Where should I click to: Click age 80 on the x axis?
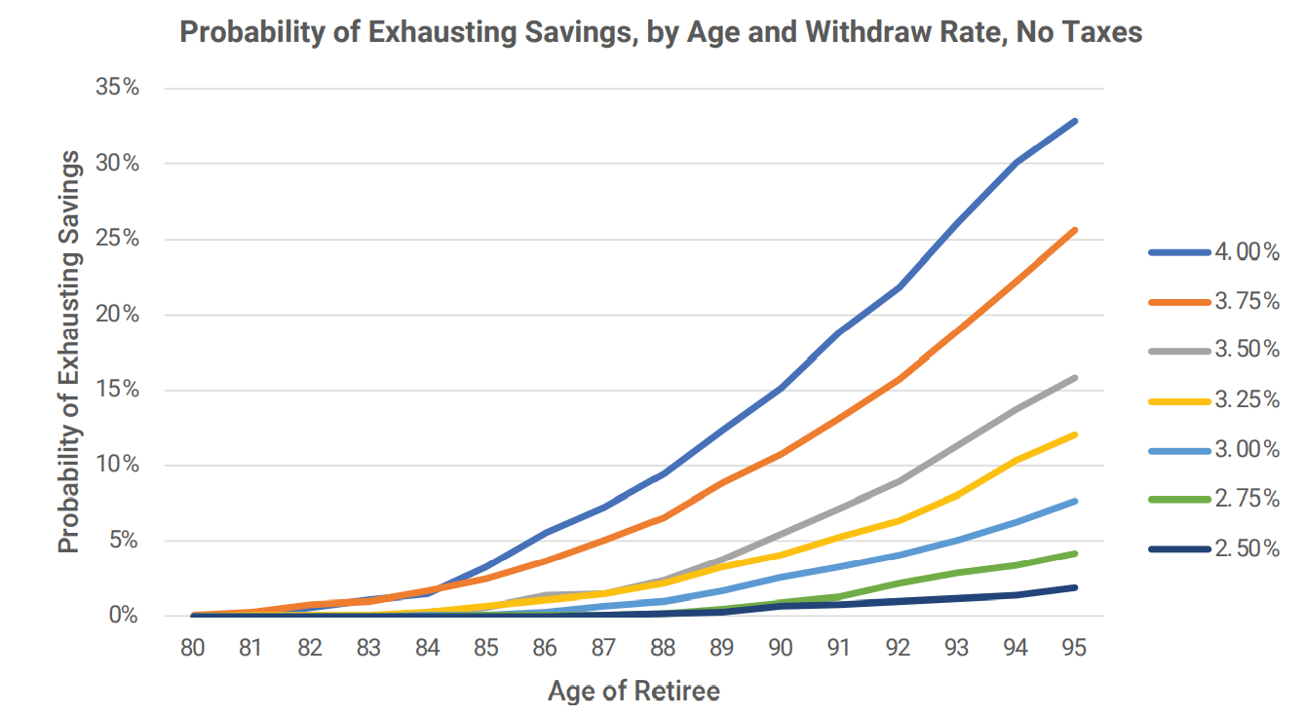pos(192,647)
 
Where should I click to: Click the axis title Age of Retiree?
pos(633,692)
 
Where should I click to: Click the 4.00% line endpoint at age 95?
pos(1075,121)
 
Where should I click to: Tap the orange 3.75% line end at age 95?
pos(1075,230)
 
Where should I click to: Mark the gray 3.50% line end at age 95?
pos(1075,377)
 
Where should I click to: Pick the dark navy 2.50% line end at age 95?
pos(1075,587)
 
